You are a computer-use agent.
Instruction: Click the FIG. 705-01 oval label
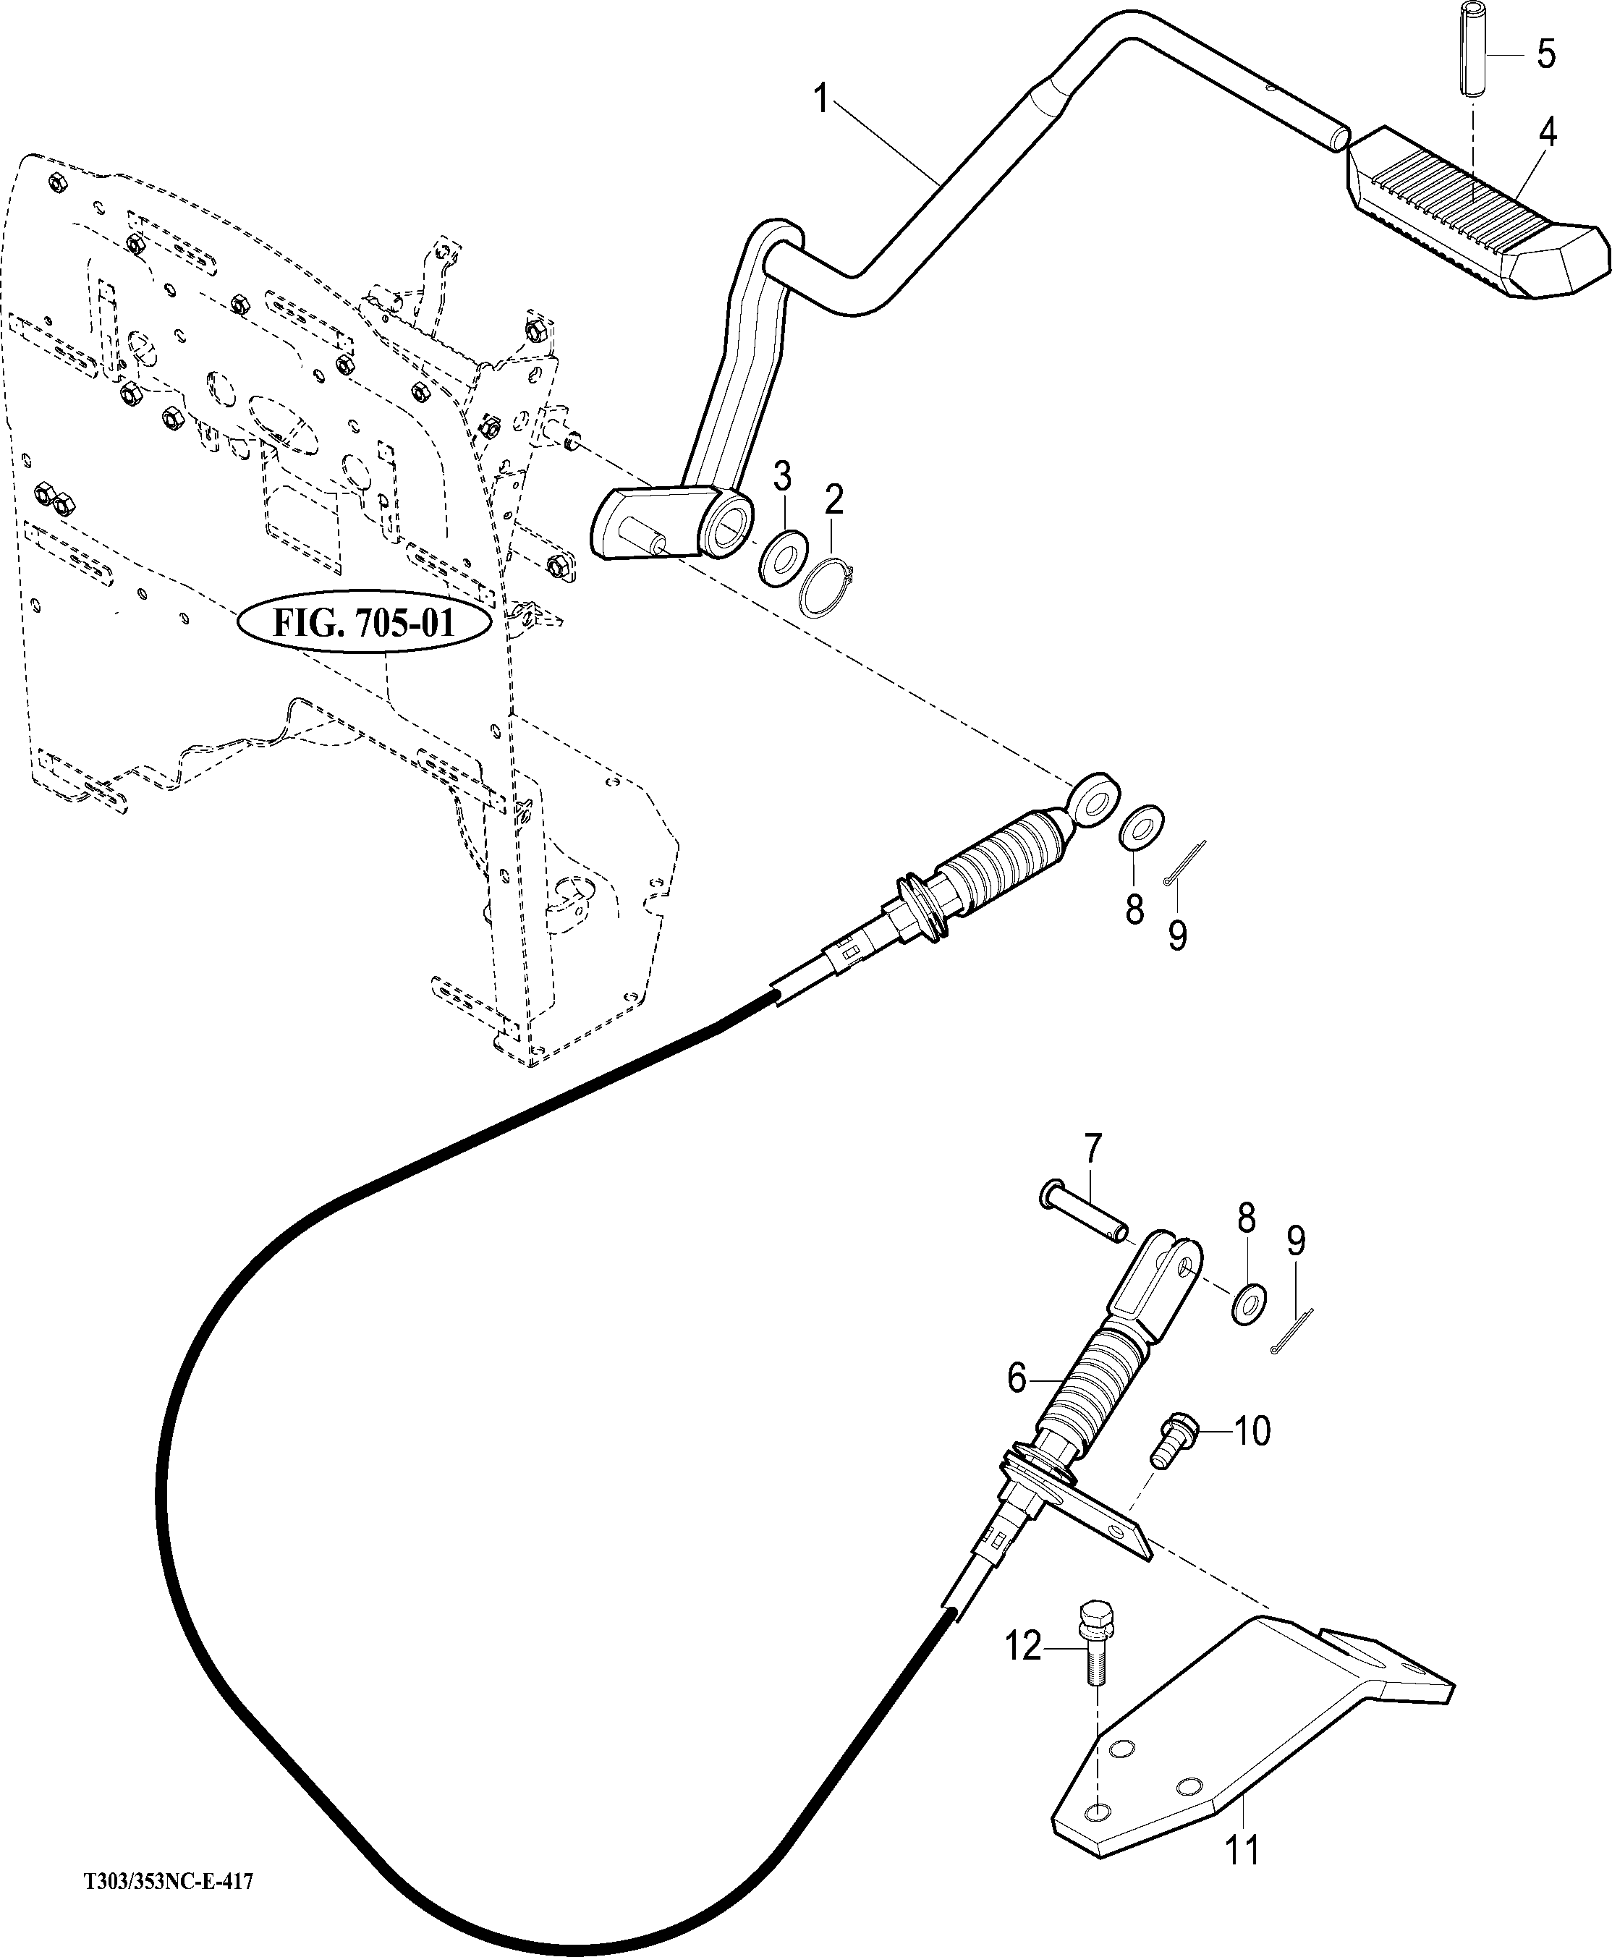coord(364,623)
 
